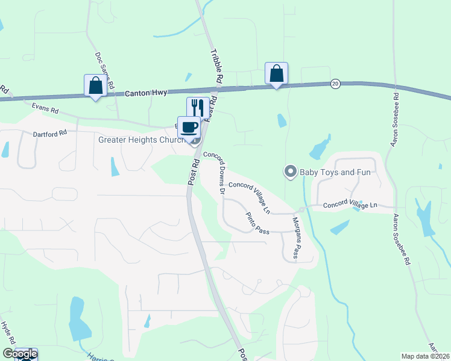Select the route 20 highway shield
(335, 83)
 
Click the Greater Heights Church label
(142, 140)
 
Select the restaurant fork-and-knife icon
(198, 107)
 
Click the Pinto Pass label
(257, 223)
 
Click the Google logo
(19, 354)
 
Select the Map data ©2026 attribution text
(425, 356)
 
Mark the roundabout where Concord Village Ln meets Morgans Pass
(301, 209)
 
